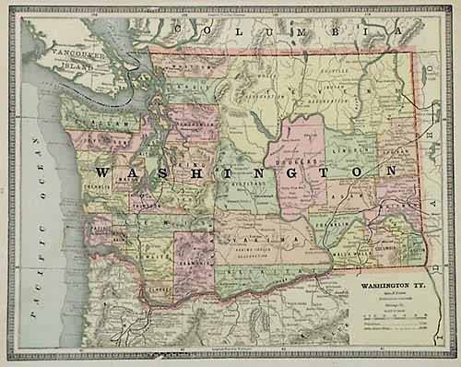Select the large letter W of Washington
[104, 172]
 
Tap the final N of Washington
[393, 171]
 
